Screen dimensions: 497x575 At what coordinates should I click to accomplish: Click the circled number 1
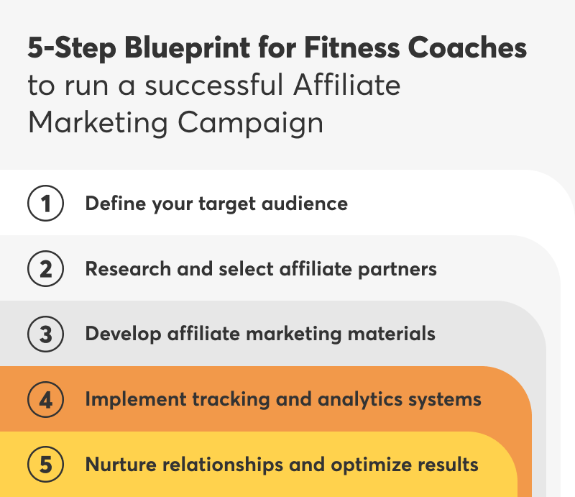pyautogui.click(x=46, y=204)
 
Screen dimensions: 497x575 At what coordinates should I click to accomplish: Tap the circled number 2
pyautogui.click(x=46, y=269)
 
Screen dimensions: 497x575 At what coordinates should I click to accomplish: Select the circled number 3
pyautogui.click(x=46, y=334)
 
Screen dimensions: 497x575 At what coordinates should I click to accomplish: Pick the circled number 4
pyautogui.click(x=46, y=399)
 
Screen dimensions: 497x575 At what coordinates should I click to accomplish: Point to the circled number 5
pyautogui.click(x=46, y=465)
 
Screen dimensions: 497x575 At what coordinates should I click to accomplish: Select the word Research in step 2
pyautogui.click(x=122, y=269)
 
